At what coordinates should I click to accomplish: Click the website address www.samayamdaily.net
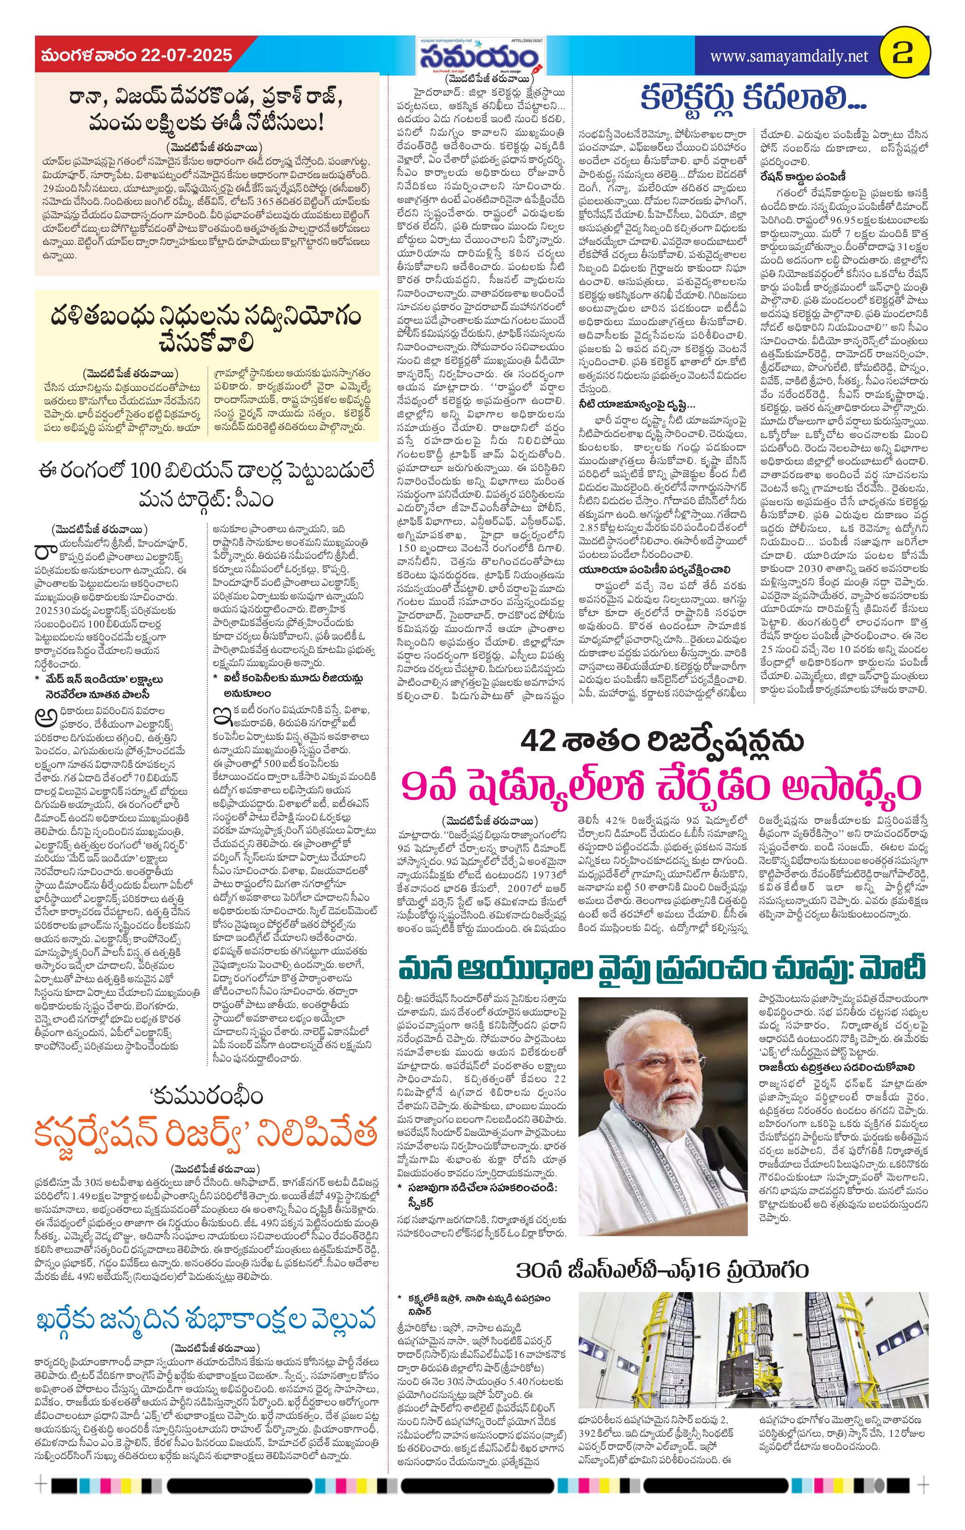click(x=788, y=56)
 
